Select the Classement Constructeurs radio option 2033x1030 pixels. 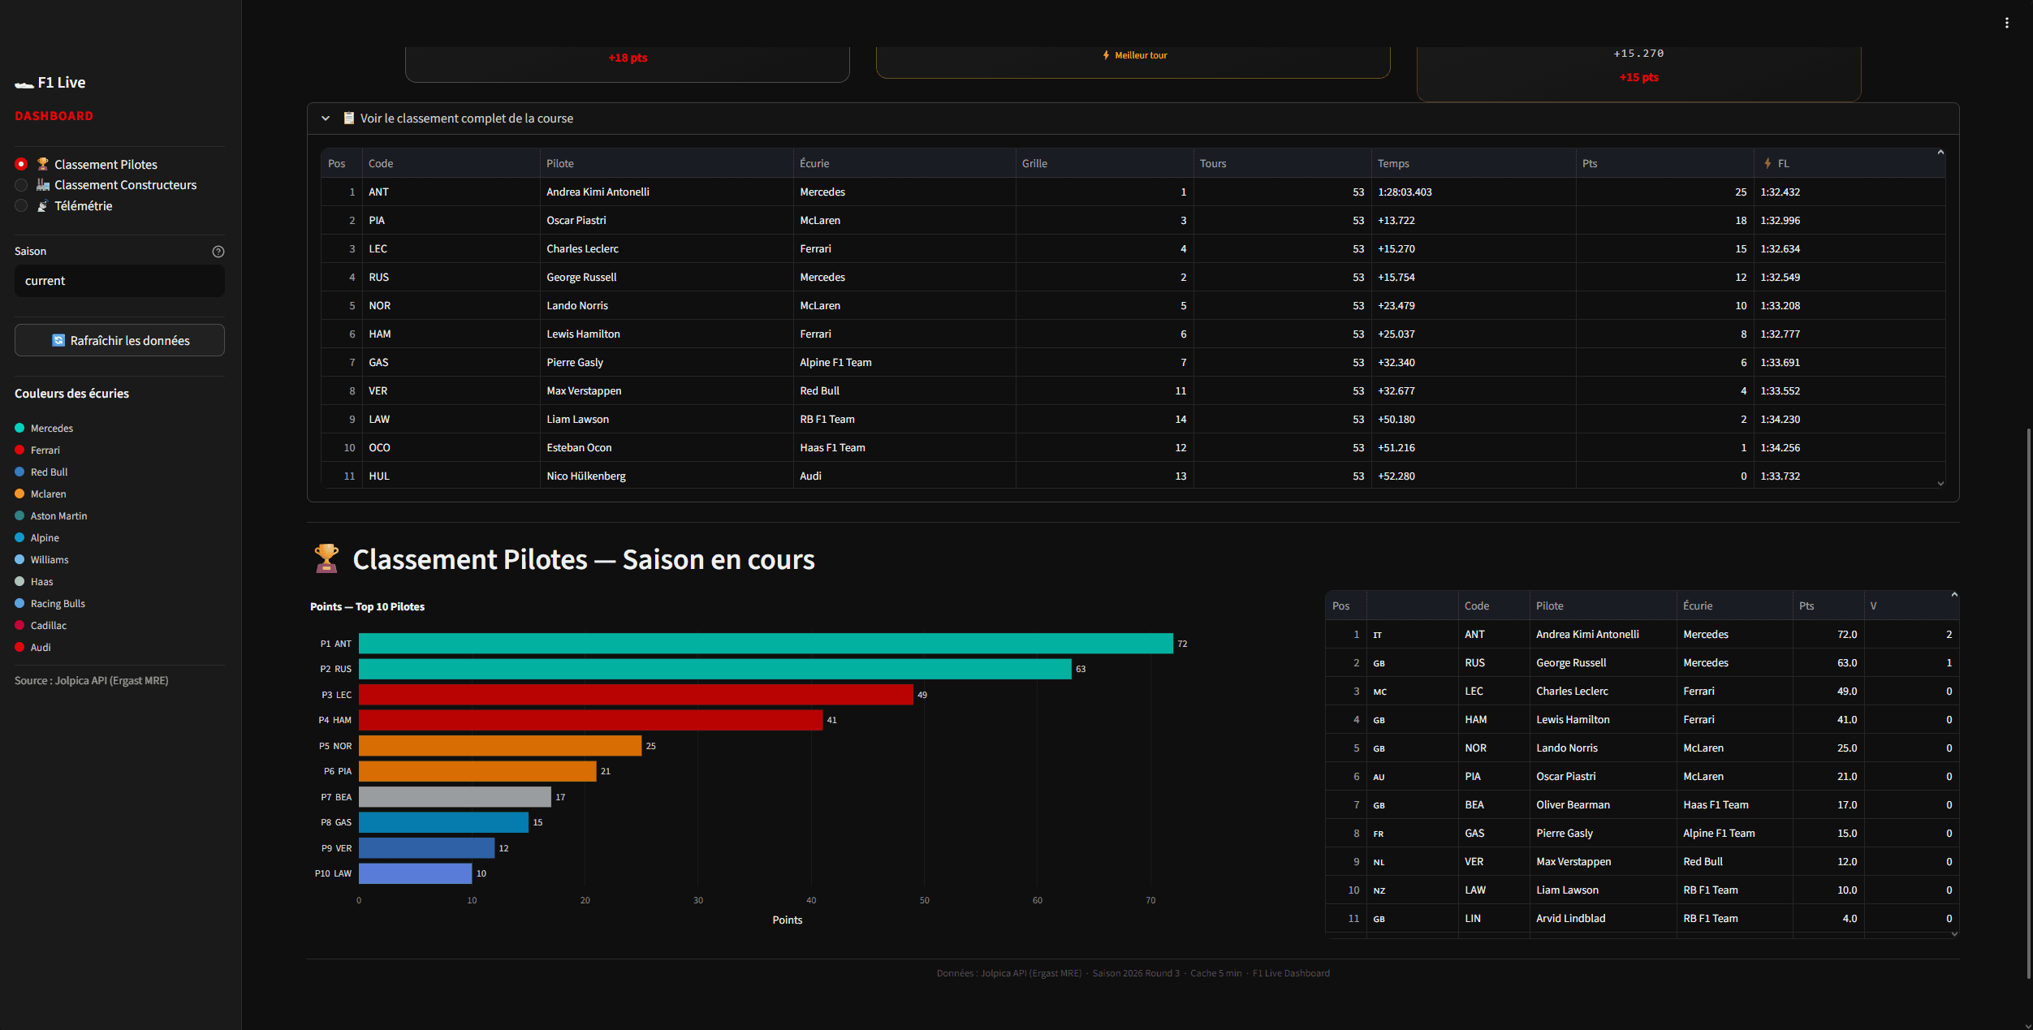[22, 185]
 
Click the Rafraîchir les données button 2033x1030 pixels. [119, 341]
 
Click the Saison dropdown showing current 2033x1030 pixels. [119, 281]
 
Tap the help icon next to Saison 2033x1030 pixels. [218, 252]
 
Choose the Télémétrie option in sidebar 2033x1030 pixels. [22, 206]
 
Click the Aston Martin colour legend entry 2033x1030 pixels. [58, 516]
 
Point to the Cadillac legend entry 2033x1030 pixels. [48, 626]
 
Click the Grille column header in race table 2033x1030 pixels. [1034, 164]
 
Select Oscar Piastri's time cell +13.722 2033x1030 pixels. [1396, 221]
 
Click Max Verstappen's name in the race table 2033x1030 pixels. [584, 391]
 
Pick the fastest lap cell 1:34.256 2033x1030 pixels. [1780, 448]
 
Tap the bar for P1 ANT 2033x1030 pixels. [765, 644]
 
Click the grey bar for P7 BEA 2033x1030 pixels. [455, 797]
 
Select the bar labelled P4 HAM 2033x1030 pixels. [590, 720]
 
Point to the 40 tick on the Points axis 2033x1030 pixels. [810, 900]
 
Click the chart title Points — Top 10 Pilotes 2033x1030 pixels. [367, 607]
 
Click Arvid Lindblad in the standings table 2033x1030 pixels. [1570, 919]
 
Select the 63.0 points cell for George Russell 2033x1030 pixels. [1846, 663]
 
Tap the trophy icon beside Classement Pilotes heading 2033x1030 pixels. [326, 558]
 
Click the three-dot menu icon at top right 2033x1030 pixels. [2007, 23]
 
